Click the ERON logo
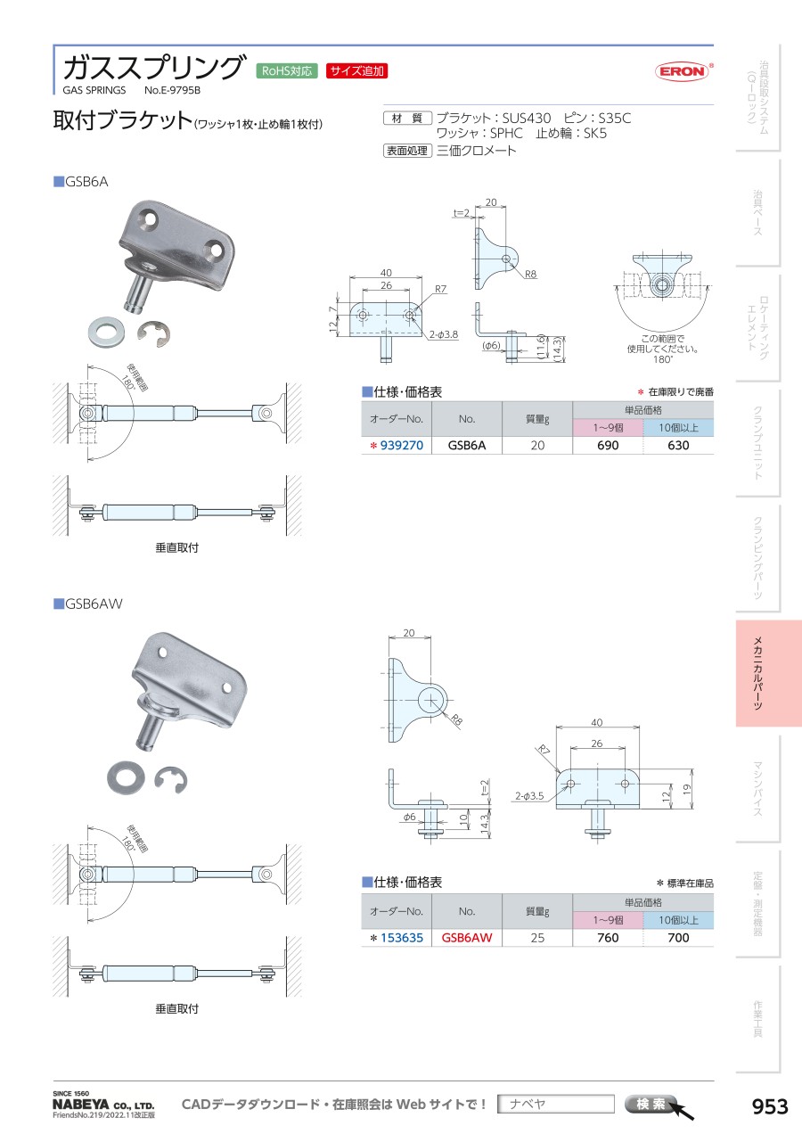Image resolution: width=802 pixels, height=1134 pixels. point(683,71)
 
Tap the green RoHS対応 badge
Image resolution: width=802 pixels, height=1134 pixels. point(286,71)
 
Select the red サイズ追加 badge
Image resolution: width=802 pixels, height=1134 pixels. point(356,71)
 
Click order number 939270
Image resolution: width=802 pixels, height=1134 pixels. point(401,445)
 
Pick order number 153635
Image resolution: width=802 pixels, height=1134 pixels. point(401,938)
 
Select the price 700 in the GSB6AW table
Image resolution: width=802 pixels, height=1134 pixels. point(678,938)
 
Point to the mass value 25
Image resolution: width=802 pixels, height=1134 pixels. point(537,938)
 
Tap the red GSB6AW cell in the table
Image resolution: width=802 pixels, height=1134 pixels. point(467,938)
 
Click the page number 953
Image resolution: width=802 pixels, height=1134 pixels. point(771,1106)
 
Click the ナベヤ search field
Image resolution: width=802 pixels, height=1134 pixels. point(556,1104)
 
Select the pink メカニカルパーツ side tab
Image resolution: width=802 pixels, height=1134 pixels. point(769,673)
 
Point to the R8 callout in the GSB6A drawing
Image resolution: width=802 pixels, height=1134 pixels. point(530,275)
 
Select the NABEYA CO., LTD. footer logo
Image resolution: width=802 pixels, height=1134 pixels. point(103,1104)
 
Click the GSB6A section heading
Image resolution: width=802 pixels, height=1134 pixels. point(86,182)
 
